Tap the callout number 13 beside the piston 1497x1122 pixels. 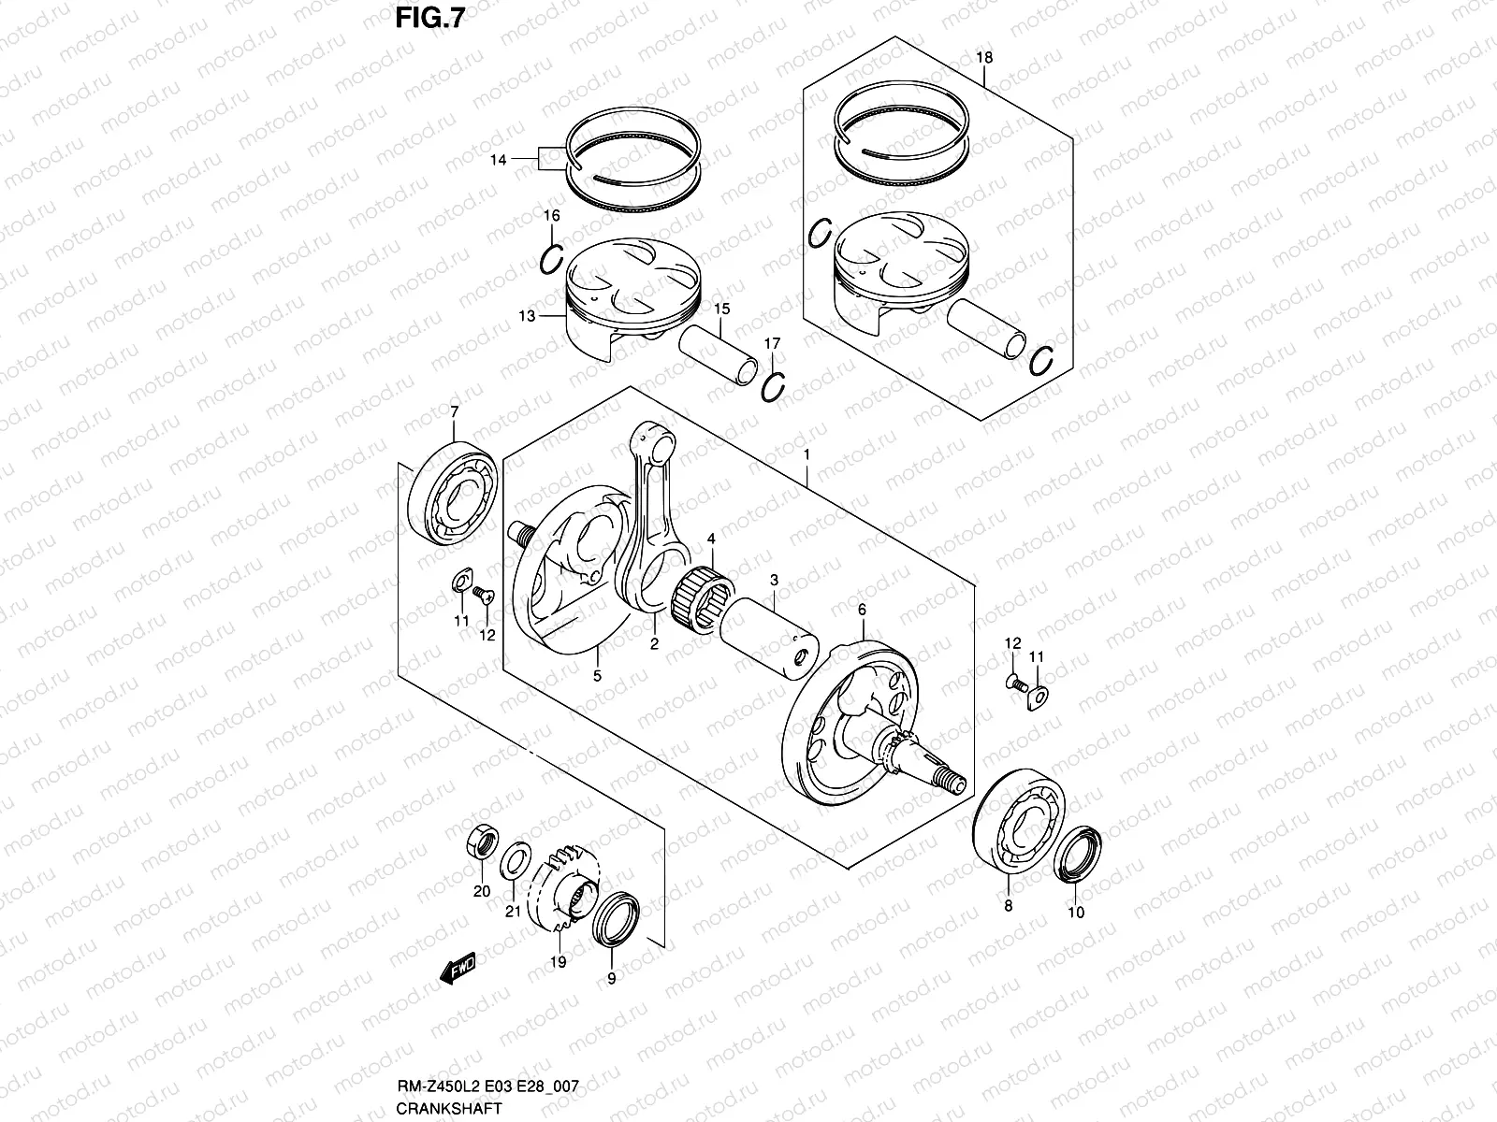point(528,316)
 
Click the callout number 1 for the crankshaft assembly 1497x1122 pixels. point(807,454)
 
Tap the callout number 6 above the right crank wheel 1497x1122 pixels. point(862,610)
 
